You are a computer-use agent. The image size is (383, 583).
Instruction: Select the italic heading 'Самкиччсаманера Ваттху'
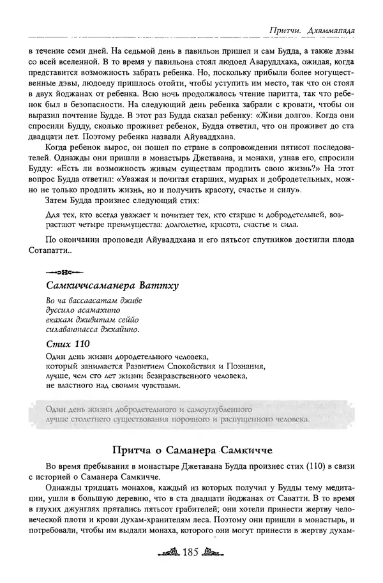pyautogui.click(x=112, y=285)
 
